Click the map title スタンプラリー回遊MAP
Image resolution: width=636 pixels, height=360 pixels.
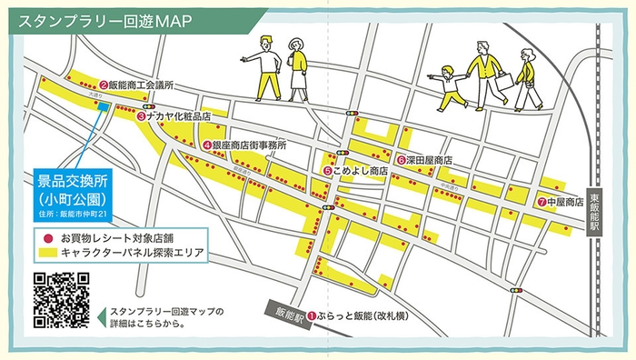point(104,20)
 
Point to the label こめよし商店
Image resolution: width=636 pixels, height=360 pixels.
point(361,170)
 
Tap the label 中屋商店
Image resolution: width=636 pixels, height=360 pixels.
point(564,202)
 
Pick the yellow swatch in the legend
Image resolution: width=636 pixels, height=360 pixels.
point(45,252)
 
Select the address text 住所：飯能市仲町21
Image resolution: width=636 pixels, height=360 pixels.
point(74,214)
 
